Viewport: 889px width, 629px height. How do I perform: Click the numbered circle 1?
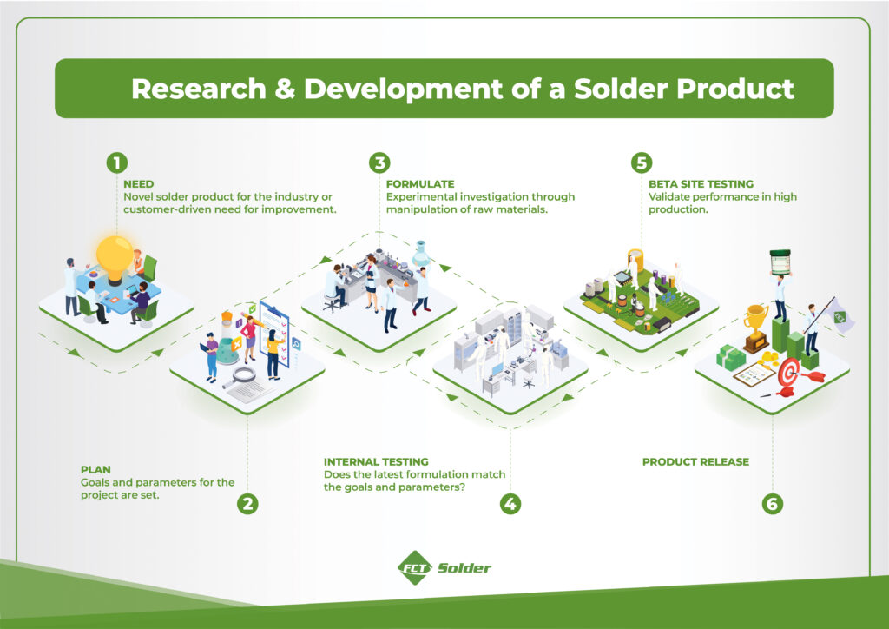[x=116, y=162]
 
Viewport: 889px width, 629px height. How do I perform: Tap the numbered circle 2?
[x=248, y=503]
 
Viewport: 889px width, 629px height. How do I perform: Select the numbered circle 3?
[x=379, y=162]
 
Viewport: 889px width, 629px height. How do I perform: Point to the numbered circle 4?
[x=510, y=503]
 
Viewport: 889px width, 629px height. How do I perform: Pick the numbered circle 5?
[x=642, y=162]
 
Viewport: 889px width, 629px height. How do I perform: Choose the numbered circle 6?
[x=773, y=503]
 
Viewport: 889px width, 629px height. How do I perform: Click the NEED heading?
[x=139, y=184]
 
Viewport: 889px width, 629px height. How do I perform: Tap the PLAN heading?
[x=95, y=469]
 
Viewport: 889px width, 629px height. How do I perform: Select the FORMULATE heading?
[x=420, y=184]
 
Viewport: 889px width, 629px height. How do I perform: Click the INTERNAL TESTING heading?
[x=376, y=461]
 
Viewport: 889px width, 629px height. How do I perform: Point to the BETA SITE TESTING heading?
[x=701, y=184]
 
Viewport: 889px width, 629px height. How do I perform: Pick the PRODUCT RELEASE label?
[x=695, y=461]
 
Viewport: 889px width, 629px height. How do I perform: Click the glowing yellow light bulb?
[x=115, y=255]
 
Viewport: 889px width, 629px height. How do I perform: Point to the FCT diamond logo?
[x=414, y=568]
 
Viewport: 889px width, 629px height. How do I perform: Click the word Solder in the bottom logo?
[x=464, y=568]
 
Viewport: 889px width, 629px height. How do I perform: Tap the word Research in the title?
[x=183, y=89]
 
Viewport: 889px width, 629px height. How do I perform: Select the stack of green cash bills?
[x=731, y=356]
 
